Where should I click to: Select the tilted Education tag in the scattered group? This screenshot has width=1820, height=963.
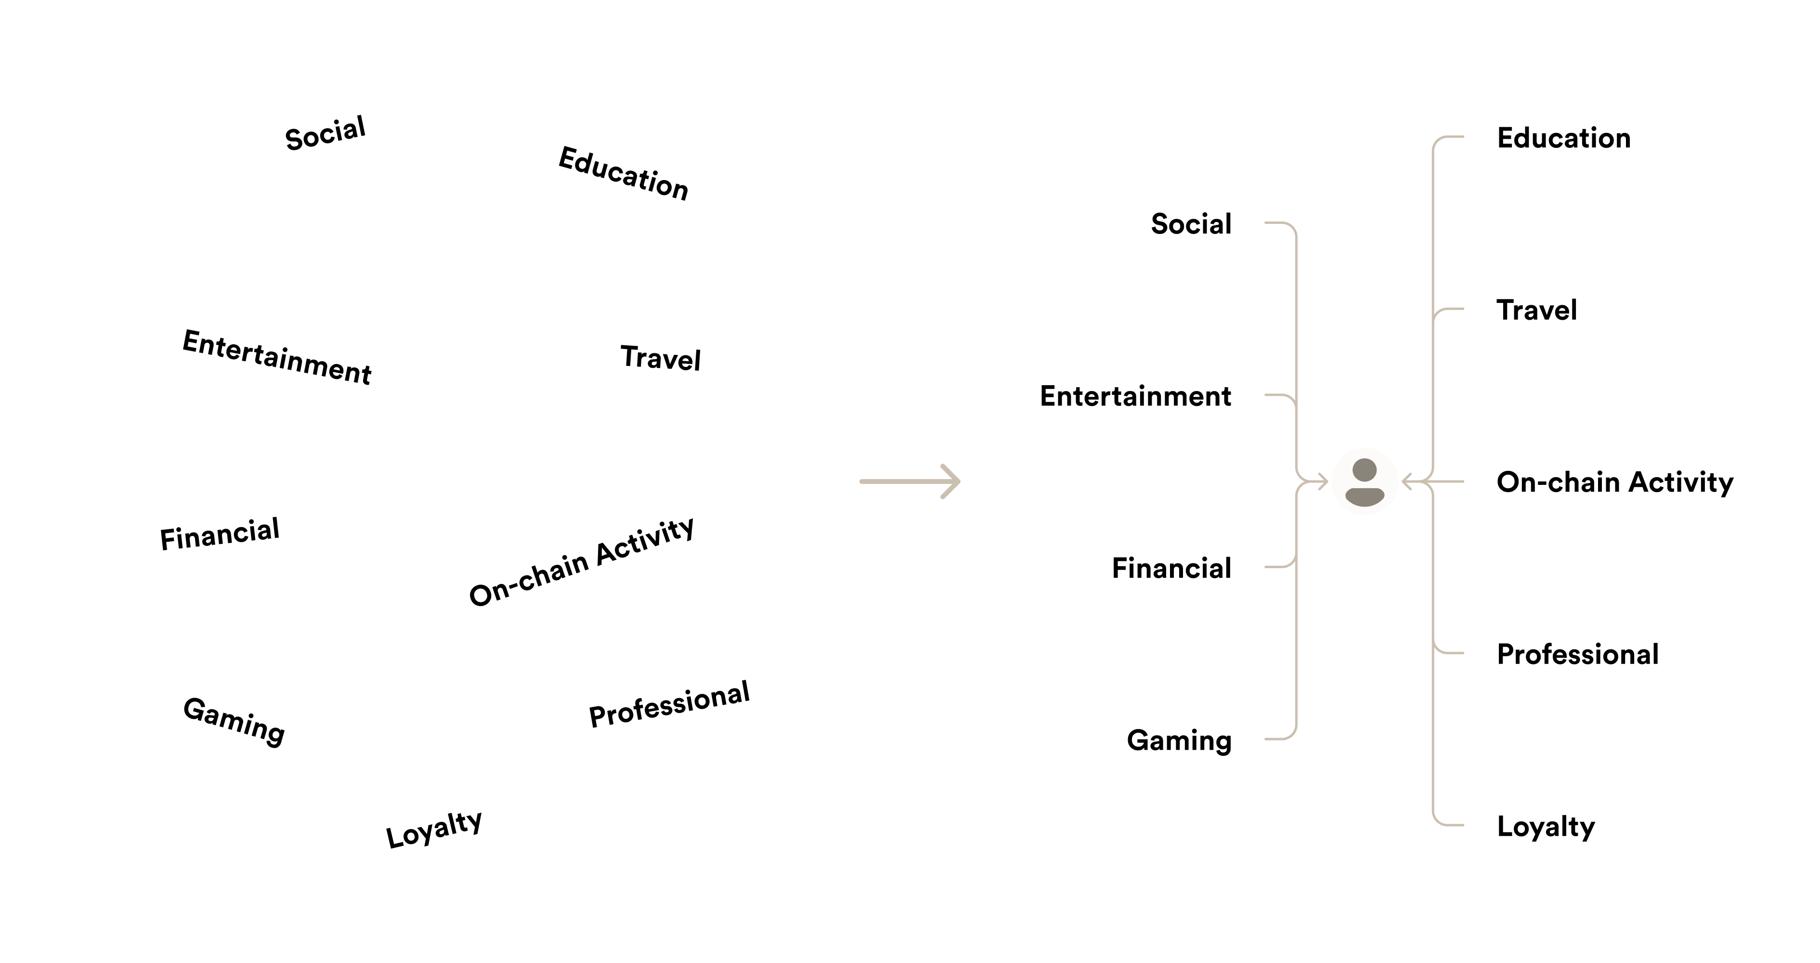point(624,172)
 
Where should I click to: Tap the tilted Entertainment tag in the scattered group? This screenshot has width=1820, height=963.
point(277,356)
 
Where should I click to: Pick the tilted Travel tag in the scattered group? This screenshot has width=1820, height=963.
point(661,357)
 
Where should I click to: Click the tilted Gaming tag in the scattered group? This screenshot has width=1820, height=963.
point(234,719)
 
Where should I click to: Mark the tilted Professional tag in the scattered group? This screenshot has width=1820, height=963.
point(669,703)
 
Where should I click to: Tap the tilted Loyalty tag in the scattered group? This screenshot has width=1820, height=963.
point(434,827)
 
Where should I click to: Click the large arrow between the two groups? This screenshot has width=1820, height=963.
point(910,481)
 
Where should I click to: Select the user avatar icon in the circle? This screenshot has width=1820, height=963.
point(1365,481)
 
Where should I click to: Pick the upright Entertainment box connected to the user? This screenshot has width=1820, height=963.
point(1135,395)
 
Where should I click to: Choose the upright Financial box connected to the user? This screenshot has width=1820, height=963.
point(1171,567)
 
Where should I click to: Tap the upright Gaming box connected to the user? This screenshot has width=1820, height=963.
point(1179,739)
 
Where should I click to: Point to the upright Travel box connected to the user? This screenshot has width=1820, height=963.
point(1537,309)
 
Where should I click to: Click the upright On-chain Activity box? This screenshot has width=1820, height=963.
point(1614,481)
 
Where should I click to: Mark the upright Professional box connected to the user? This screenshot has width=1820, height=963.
point(1578,653)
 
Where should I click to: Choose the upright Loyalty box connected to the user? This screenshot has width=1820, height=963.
point(1546,825)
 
